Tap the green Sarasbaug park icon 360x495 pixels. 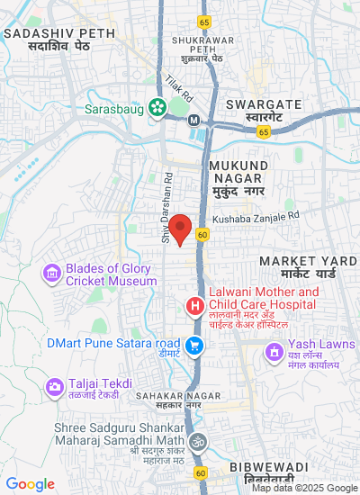(x=157, y=107)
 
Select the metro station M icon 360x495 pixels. (x=193, y=120)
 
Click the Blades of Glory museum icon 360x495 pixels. (x=52, y=273)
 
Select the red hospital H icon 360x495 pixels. (x=193, y=307)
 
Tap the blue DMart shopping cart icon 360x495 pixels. (x=193, y=345)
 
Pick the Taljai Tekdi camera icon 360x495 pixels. (x=54, y=387)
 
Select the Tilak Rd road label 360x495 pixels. (x=180, y=85)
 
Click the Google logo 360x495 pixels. (x=29, y=484)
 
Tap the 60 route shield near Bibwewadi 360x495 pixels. (x=200, y=472)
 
